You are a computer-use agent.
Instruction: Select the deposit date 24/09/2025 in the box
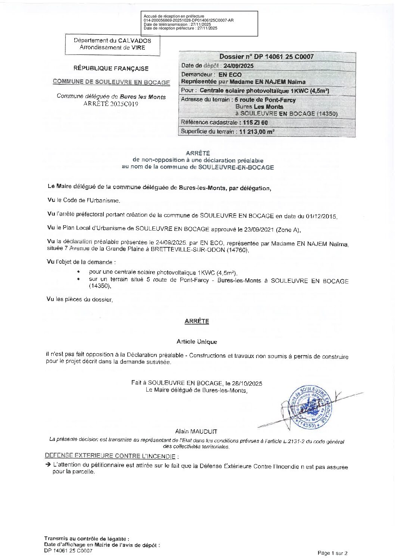238,66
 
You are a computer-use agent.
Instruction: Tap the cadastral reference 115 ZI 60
255,122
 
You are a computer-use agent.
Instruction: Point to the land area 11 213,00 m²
257,131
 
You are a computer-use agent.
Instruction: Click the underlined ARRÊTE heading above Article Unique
197,321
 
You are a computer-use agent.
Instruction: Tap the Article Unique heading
196,342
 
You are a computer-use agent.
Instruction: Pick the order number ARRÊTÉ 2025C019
111,104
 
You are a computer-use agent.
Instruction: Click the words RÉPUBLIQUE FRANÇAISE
111,69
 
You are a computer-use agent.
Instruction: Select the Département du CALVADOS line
112,40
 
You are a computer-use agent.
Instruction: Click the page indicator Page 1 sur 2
332,553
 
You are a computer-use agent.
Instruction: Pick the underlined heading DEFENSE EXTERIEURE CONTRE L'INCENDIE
110,456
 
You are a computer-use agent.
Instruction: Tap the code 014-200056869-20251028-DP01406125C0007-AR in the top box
189,21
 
